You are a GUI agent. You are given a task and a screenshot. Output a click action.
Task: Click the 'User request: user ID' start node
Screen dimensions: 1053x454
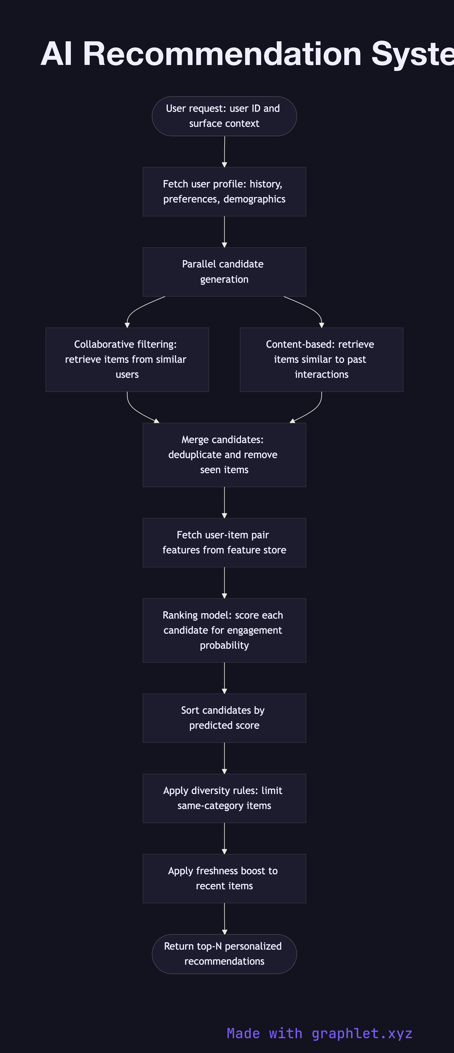224,116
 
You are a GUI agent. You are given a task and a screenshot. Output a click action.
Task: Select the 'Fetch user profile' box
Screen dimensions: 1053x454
224,192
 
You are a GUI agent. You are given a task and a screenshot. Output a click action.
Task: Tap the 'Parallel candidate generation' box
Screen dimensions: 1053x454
224,272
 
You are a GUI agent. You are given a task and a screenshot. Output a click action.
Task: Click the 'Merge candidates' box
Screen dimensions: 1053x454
224,454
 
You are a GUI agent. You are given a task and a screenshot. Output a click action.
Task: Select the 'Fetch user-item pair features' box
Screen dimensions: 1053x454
224,542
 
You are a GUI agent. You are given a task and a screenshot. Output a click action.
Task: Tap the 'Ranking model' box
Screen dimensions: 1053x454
224,630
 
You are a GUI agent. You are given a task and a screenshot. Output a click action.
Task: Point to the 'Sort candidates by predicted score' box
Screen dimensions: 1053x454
224,718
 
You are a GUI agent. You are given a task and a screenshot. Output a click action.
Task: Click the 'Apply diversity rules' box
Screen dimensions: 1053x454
224,798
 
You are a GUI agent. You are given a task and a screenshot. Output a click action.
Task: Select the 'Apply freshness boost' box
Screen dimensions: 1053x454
224,878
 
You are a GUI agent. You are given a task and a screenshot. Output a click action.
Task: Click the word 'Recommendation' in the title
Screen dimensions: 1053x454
222,54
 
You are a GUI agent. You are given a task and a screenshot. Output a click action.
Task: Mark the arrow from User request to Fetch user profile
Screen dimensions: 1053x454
224,151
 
